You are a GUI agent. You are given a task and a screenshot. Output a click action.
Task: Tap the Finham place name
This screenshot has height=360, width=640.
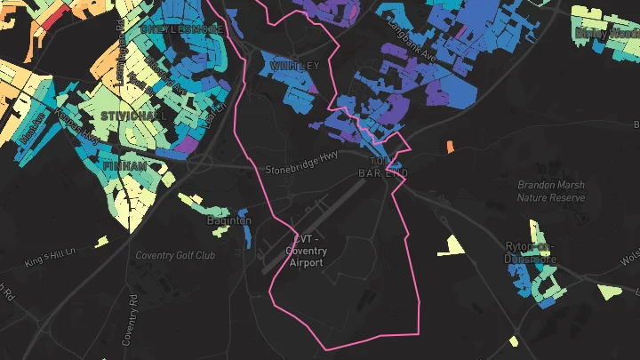coord(125,166)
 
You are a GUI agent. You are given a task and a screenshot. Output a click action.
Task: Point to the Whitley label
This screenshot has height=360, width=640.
coord(293,67)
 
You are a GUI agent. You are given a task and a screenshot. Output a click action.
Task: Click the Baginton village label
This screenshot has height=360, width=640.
coord(228,220)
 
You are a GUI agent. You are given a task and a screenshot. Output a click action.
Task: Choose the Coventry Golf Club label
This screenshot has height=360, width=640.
coord(175,256)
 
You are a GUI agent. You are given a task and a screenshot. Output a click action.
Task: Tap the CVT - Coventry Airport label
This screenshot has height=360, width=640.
coord(305,251)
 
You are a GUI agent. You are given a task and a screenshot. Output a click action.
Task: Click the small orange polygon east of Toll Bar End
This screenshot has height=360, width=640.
coord(450,146)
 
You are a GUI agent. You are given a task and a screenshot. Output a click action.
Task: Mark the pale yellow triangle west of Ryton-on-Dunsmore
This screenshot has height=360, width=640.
coord(452,245)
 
